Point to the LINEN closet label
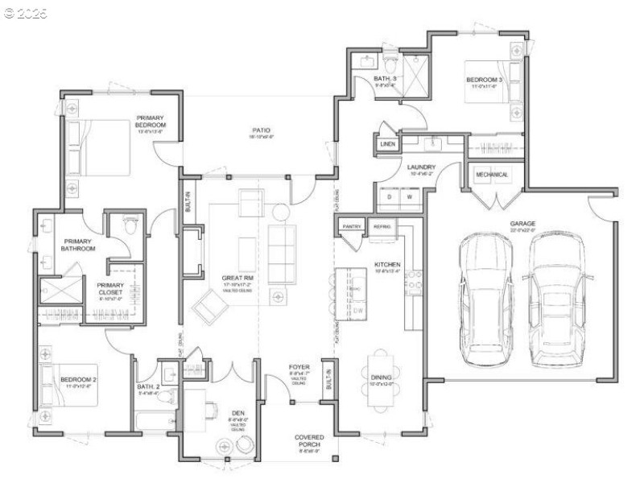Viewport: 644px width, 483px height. (x=388, y=145)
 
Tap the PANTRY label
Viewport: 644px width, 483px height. (x=352, y=227)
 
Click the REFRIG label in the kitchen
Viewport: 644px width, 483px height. (x=382, y=227)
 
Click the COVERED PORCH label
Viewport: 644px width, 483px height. (x=309, y=442)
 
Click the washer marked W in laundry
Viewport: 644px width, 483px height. (x=409, y=196)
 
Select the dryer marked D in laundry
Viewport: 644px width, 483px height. (x=390, y=196)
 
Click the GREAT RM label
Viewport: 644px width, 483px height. (x=237, y=279)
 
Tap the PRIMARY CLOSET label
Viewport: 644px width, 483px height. (x=110, y=288)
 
